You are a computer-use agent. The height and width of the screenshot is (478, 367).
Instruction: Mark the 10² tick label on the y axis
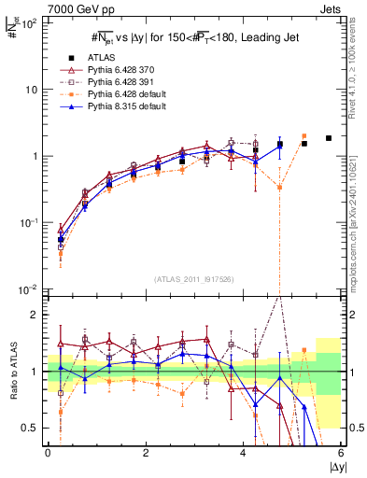[x=29, y=22]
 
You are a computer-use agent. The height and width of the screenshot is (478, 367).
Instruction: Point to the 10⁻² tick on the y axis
[x=29, y=289]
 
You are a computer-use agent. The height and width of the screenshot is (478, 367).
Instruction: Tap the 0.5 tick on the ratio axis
[x=30, y=428]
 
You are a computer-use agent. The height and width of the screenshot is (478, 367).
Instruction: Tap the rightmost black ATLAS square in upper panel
[x=328, y=138]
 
